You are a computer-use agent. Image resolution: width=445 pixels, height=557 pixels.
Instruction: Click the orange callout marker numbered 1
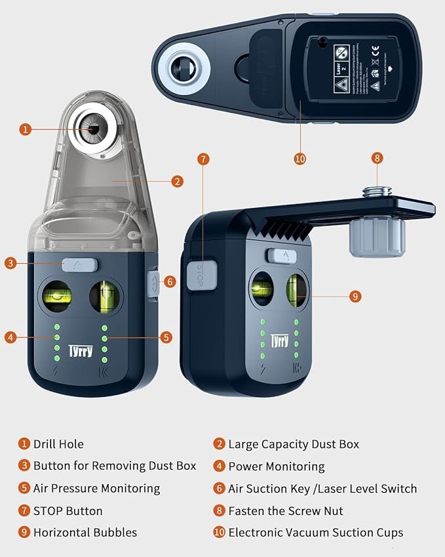click(x=25, y=129)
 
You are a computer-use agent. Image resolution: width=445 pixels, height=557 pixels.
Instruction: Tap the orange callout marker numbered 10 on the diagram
click(x=300, y=158)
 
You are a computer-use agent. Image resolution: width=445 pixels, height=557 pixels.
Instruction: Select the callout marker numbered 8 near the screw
click(x=377, y=158)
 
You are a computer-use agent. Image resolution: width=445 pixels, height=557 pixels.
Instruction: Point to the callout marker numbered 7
click(x=204, y=159)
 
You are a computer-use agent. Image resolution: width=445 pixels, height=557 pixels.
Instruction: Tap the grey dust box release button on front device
click(x=80, y=264)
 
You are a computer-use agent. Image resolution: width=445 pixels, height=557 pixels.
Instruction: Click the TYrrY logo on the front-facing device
click(x=80, y=352)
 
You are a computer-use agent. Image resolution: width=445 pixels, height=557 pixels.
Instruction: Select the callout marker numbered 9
click(x=355, y=297)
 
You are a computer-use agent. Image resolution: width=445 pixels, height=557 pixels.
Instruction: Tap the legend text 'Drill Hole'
click(x=58, y=444)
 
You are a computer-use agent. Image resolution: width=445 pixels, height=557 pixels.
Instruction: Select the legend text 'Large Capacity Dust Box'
click(x=293, y=444)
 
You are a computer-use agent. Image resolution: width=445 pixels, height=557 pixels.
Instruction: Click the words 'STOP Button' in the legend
click(x=68, y=510)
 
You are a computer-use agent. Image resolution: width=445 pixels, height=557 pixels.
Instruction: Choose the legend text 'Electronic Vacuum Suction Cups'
click(x=315, y=532)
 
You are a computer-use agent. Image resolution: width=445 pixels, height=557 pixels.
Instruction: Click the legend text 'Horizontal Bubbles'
click(x=85, y=532)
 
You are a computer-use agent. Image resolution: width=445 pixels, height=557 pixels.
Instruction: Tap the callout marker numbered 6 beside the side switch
click(x=170, y=281)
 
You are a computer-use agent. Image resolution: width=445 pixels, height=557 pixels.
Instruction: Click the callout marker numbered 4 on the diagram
click(x=10, y=337)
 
